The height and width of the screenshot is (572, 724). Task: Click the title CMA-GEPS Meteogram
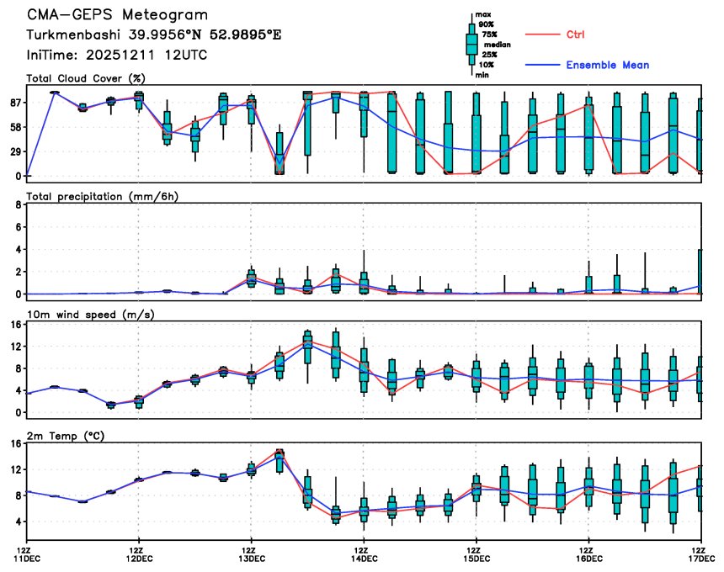pyautogui.click(x=117, y=15)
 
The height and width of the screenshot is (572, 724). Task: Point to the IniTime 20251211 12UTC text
pyautogui.click(x=117, y=55)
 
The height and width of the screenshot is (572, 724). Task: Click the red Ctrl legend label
pyautogui.click(x=575, y=34)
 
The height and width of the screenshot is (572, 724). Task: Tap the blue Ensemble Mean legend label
pyautogui.click(x=607, y=65)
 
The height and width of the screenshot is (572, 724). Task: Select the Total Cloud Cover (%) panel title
pyautogui.click(x=85, y=78)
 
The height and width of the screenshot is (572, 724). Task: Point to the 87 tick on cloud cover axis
pyautogui.click(x=14, y=103)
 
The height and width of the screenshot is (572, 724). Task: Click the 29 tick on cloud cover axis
pyautogui.click(x=14, y=151)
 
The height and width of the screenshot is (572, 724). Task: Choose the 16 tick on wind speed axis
pyautogui.click(x=14, y=324)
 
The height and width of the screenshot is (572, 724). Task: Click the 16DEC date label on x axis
pyautogui.click(x=588, y=558)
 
